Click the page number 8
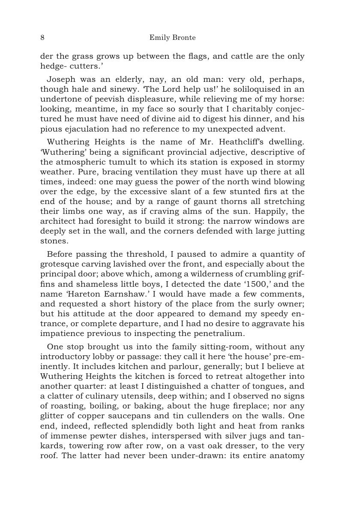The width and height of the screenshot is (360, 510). [42, 38]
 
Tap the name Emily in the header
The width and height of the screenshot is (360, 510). [159, 38]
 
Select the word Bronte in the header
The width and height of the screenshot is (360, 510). [183, 38]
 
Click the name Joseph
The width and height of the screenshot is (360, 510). [60, 80]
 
